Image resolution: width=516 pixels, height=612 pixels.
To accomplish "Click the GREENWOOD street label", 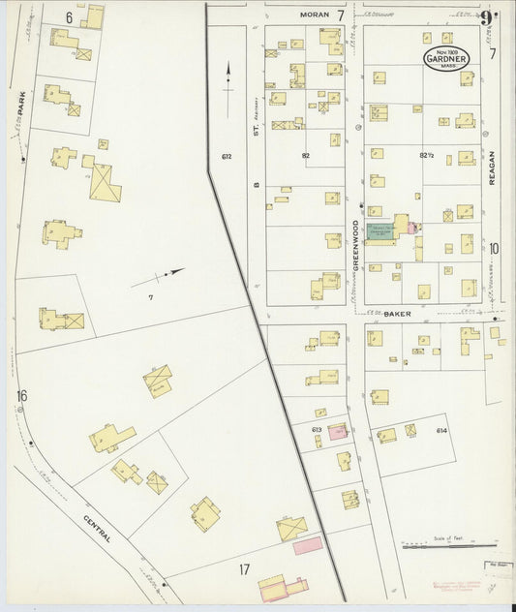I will click(355, 248).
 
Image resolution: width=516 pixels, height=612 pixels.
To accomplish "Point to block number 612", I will click(227, 157).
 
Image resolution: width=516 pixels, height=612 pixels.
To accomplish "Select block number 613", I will click(316, 429).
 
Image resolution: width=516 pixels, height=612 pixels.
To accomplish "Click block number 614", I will click(442, 430).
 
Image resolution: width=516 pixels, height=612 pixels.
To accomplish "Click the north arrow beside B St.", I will click(228, 79).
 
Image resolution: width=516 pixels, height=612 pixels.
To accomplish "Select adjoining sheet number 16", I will click(21, 395).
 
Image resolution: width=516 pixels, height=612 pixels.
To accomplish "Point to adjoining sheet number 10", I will click(494, 249).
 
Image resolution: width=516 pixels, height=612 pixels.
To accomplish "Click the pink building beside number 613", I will click(337, 433).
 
